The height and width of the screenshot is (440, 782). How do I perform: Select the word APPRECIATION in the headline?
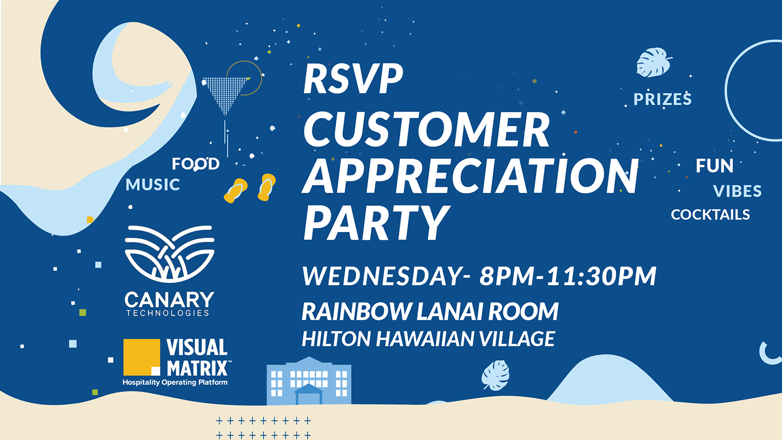point(470,176)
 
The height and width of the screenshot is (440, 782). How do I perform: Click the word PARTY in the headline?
point(376,223)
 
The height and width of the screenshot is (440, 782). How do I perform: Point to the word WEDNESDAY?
point(382,276)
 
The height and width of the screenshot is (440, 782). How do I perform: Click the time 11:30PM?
point(602,276)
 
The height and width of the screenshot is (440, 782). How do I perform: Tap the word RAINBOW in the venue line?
point(357,311)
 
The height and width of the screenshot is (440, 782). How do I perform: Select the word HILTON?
point(336,339)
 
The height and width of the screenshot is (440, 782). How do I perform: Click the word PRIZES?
point(662,99)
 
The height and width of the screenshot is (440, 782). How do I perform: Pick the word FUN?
point(715,166)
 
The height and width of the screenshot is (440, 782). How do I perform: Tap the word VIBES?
point(737,191)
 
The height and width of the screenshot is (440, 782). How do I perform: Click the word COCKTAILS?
point(710,215)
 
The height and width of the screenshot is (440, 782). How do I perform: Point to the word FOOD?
point(195,164)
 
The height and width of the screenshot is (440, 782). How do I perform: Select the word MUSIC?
point(153,185)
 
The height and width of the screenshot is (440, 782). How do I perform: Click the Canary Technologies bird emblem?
point(169,254)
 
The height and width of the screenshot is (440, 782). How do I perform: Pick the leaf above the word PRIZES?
point(653,63)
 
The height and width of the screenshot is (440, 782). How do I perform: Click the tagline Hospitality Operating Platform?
point(175,382)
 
